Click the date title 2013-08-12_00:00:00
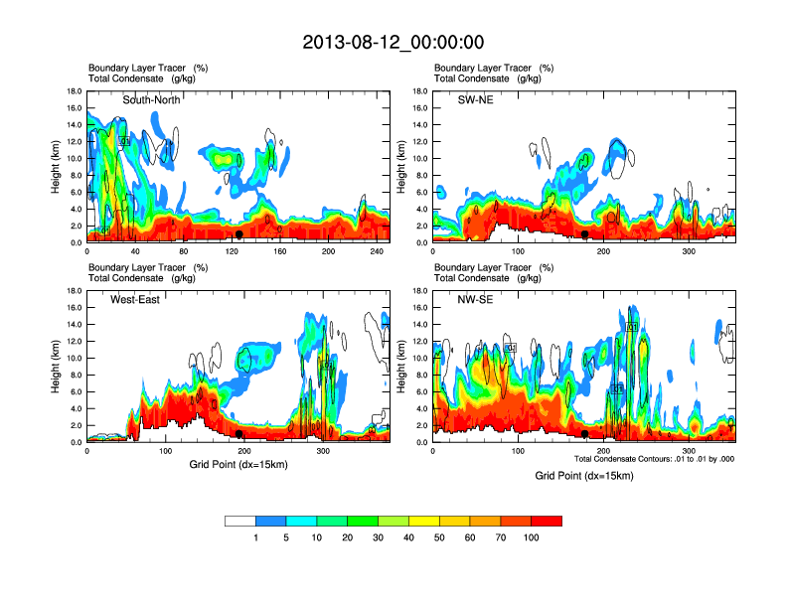click(393, 42)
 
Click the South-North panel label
click(150, 100)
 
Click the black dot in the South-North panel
click(238, 234)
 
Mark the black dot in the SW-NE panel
click(585, 234)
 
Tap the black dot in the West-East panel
click(238, 434)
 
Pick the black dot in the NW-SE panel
click(585, 434)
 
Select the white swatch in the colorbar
click(239, 521)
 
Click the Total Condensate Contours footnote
click(654, 459)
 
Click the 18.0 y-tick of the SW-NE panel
click(419, 91)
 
